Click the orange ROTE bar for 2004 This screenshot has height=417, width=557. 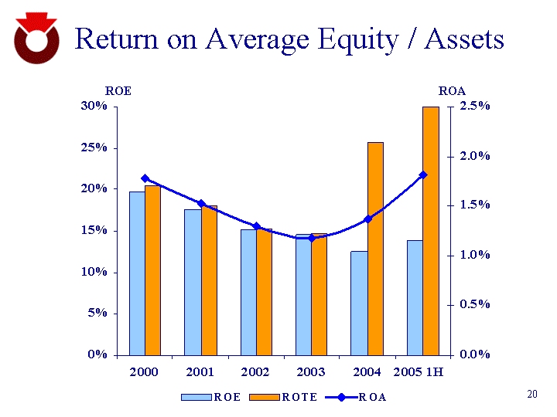click(375, 249)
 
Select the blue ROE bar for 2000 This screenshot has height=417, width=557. click(136, 273)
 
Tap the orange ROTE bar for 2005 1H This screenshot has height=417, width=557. click(431, 231)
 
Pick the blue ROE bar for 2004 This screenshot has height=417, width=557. click(358, 303)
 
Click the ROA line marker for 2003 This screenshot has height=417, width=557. click(313, 238)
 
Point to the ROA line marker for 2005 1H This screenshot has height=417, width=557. click(423, 175)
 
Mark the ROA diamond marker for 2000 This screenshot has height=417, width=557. click(145, 178)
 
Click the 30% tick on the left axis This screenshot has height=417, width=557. click(94, 106)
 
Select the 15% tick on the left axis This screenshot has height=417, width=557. click(94, 230)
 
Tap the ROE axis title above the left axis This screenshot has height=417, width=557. click(118, 90)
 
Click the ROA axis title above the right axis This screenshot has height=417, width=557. click(452, 90)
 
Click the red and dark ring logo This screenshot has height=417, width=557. click(36, 40)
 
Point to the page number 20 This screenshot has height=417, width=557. click(531, 395)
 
